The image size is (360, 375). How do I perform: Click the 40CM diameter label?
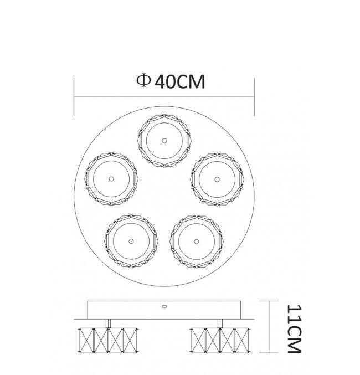180,82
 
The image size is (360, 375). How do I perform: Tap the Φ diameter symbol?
143,80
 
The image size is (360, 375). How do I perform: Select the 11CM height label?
294,329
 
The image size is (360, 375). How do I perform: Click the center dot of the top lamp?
164,141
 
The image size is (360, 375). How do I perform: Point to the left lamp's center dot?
111,179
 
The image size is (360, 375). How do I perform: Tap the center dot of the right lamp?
217,179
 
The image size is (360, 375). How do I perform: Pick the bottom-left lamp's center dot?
131,241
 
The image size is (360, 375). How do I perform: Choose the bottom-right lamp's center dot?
197,242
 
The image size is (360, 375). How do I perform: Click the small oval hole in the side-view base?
164,306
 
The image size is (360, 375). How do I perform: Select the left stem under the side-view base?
108,323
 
